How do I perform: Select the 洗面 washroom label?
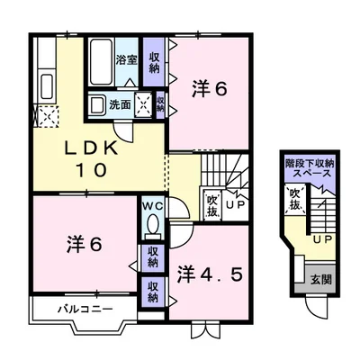click(121, 104)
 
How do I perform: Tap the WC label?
click(151, 204)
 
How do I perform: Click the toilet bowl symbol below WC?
click(151, 224)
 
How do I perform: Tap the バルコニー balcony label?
click(85, 310)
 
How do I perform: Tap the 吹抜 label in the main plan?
click(212, 206)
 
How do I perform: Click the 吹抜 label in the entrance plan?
click(294, 199)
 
